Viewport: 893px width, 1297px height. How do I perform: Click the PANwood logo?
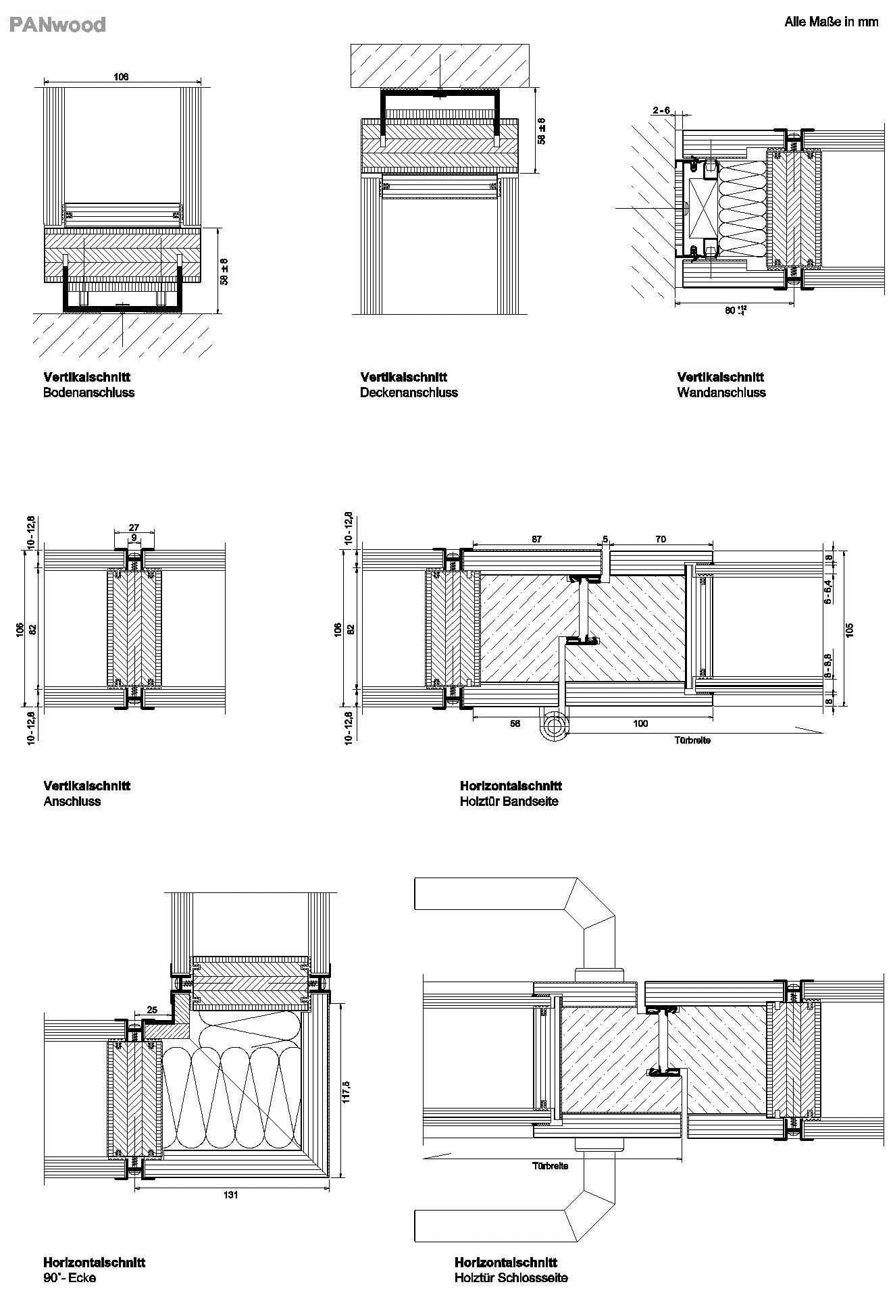point(58,25)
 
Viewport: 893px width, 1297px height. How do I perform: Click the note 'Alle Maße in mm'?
point(831,22)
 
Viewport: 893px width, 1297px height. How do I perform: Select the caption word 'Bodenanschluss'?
point(88,392)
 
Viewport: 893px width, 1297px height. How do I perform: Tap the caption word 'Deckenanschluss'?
point(409,392)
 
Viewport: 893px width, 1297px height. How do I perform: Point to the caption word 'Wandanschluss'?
point(721,392)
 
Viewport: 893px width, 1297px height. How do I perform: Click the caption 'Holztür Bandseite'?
point(509,801)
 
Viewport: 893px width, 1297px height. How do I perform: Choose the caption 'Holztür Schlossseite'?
point(511,1277)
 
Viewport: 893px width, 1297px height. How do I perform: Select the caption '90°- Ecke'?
point(70,1277)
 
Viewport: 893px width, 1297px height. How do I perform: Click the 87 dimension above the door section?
point(536,539)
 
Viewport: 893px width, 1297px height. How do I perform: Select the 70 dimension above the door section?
point(661,539)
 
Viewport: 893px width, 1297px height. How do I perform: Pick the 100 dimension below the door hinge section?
point(640,723)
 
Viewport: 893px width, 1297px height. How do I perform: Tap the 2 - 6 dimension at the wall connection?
point(661,110)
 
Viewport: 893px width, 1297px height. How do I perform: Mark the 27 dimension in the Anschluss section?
point(134,528)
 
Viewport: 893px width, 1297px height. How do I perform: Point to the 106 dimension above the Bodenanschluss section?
point(121,77)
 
